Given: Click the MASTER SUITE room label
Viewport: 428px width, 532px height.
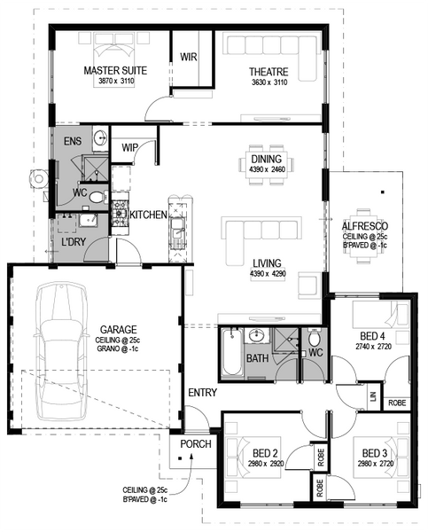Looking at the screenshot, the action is pos(115,71).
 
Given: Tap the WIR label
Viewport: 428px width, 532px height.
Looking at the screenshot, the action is pos(188,57).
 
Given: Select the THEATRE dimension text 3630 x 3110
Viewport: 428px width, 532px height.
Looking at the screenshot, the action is pos(269,82).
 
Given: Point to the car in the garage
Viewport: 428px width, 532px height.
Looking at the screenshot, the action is pos(60,352).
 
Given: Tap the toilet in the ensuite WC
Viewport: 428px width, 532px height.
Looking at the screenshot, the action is pos(97,197).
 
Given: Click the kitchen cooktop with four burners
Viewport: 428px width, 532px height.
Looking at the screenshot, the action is pos(120,214).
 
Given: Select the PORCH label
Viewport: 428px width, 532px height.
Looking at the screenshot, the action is pos(196,444).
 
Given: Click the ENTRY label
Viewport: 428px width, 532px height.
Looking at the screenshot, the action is pos(202,393).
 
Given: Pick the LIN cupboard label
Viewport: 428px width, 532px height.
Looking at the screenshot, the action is pos(374,396).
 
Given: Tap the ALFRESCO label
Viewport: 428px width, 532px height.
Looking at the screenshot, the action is pos(365,226).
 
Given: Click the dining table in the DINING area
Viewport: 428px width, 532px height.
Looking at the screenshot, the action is pos(266,165).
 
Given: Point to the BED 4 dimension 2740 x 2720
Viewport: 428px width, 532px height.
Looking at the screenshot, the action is pos(373,347).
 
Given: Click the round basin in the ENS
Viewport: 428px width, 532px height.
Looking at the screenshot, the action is pos(100,137).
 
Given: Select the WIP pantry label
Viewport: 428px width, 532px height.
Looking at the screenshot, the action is pos(130,147).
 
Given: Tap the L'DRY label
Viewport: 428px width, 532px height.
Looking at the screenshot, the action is pos(74,241).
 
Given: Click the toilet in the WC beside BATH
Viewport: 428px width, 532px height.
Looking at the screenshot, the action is pos(315,338).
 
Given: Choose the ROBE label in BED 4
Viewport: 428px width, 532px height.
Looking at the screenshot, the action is pos(397,403).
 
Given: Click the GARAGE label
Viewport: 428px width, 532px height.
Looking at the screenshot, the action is pos(119,330).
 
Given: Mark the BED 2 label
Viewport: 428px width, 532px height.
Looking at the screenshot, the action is pos(265,453).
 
